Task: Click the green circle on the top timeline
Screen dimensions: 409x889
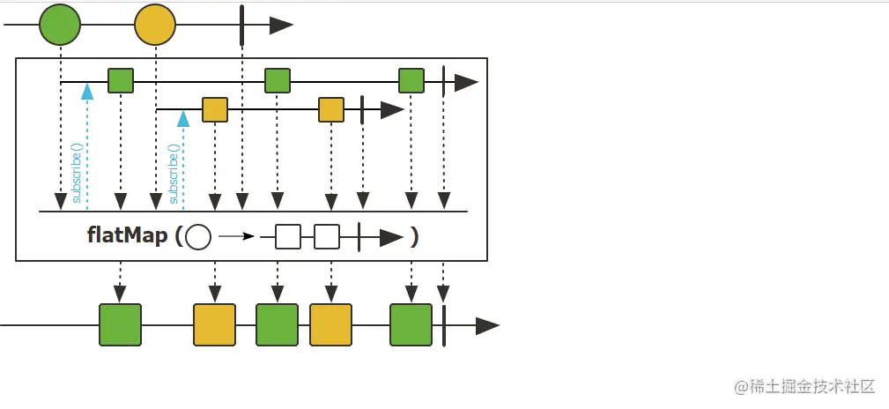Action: (x=60, y=25)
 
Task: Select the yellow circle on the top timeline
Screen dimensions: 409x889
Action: (x=155, y=25)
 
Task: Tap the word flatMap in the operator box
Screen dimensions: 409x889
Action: (x=127, y=236)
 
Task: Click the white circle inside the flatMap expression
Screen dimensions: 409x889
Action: (x=199, y=237)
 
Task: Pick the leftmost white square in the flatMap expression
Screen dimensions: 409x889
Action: (x=288, y=237)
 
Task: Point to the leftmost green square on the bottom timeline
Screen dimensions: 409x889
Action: (x=120, y=324)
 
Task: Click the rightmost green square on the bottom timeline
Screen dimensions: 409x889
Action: (x=411, y=324)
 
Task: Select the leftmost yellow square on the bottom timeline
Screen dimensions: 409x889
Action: (x=214, y=324)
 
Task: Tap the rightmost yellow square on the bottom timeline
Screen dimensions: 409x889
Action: (x=330, y=324)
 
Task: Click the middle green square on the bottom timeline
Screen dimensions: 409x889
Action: (x=277, y=324)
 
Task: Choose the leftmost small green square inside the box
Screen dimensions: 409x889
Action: (x=121, y=81)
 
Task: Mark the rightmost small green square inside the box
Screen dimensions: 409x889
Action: (x=411, y=81)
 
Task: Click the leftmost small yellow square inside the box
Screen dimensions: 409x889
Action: (x=215, y=110)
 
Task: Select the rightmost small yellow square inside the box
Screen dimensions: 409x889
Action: (x=331, y=110)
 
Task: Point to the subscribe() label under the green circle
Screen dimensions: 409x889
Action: (x=77, y=173)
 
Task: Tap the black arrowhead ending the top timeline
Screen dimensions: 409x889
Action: (x=280, y=25)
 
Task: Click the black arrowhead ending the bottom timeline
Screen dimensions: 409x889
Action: (x=487, y=324)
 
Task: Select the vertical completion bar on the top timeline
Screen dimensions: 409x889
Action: (x=241, y=25)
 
